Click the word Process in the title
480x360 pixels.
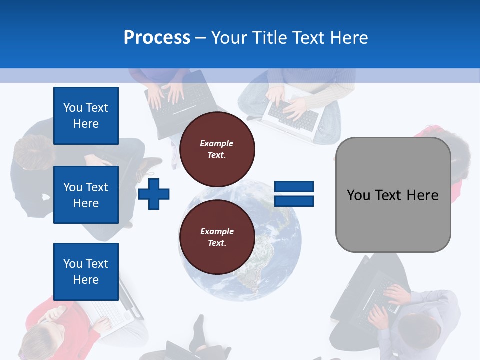[157, 37]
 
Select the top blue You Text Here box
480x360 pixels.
[86, 116]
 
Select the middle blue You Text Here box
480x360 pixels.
[86, 195]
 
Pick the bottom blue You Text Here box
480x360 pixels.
[86, 271]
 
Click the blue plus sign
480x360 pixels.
[154, 193]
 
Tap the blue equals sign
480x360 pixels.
[294, 194]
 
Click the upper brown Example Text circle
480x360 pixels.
[217, 149]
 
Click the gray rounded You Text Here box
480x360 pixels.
[393, 195]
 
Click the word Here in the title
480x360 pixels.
[348, 37]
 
